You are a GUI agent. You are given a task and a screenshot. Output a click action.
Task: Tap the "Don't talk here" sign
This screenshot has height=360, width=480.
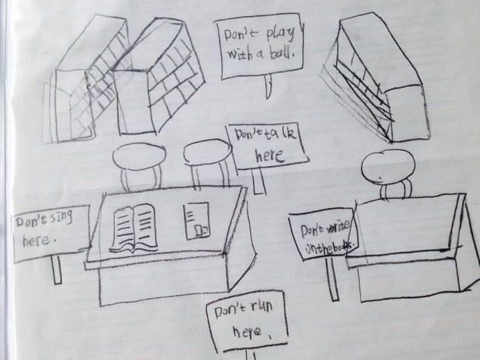266,146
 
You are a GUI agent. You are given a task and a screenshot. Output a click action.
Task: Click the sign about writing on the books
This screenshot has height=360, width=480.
324,236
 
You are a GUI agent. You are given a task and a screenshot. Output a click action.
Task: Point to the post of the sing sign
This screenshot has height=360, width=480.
56,269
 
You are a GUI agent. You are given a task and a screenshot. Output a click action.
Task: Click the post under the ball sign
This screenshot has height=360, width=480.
267,88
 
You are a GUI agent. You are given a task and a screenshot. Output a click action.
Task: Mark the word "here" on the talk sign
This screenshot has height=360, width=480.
269,155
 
